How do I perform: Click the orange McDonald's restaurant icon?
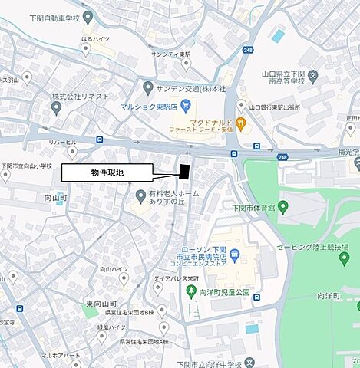click(x=241, y=123)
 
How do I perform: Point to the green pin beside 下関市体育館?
click(x=282, y=206)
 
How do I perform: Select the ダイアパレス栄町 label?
click(x=178, y=280)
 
